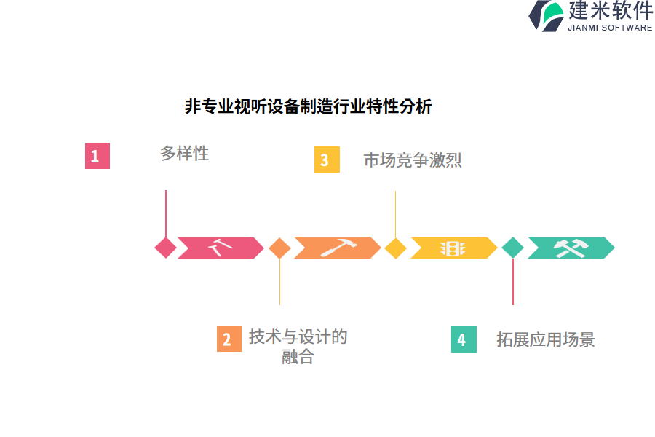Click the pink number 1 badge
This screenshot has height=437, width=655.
point(97,156)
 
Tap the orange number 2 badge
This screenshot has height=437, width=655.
point(229,339)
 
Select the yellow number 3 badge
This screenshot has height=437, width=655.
point(327,160)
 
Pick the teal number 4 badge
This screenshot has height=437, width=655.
point(464,339)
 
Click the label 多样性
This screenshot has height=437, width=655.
point(184,154)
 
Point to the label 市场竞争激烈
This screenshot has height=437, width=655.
point(413,160)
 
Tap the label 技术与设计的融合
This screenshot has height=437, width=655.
point(298,347)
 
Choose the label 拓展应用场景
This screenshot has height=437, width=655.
point(546,339)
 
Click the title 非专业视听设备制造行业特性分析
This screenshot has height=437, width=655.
point(309,107)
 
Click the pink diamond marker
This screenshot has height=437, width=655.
point(166,248)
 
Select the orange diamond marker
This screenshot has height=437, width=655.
point(279,248)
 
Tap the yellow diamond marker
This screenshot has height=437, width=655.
point(395,248)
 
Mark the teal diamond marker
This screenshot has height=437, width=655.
point(513,248)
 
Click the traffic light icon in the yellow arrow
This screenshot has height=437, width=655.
point(452,248)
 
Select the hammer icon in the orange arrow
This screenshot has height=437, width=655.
point(336,248)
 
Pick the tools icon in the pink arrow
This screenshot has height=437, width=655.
point(220,248)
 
